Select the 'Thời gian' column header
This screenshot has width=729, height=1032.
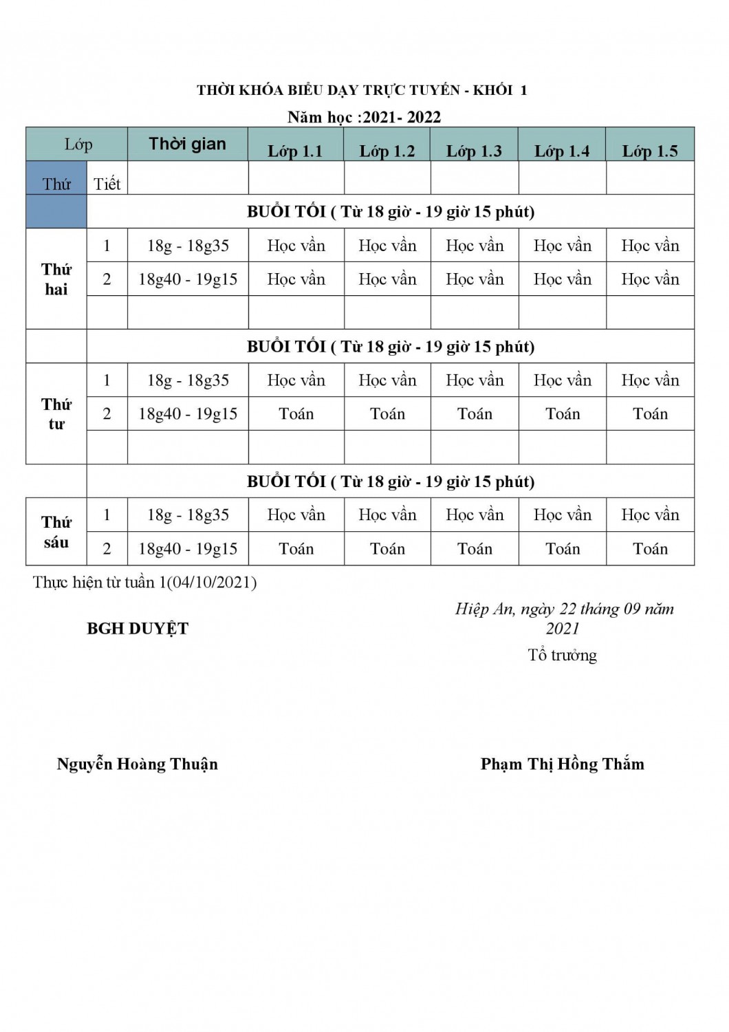[187, 144]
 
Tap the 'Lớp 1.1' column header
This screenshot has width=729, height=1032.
[295, 151]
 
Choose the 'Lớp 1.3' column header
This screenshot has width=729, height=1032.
[474, 151]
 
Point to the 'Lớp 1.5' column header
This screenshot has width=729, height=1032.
[650, 151]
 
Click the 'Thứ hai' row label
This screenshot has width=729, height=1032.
[56, 279]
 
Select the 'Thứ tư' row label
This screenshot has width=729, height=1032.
[56, 413]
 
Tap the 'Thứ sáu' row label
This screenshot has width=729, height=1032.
[56, 532]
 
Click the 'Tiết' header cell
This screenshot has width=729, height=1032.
[107, 184]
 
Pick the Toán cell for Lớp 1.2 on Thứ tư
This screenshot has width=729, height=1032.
[387, 413]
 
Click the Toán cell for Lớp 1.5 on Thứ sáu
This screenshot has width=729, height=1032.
[650, 548]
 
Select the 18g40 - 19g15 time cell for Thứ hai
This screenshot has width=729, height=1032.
[188, 279]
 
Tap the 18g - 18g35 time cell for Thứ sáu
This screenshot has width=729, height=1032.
[188, 515]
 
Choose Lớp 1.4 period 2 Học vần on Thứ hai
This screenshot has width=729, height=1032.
[563, 279]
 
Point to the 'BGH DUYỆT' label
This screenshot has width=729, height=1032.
[138, 628]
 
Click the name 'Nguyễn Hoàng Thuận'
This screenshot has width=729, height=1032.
[138, 764]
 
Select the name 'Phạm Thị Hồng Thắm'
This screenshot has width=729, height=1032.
[563, 764]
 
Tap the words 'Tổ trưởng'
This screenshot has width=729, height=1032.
[563, 655]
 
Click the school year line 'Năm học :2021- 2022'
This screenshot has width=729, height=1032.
[364, 117]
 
